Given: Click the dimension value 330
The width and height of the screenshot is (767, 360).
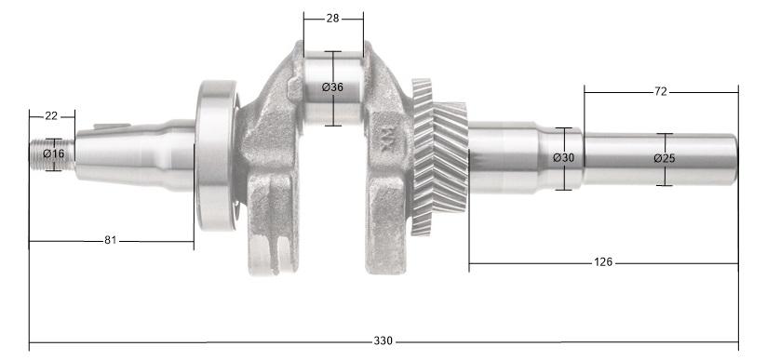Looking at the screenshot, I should pos(383,341).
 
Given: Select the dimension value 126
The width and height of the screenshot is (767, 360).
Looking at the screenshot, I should pos(602,262).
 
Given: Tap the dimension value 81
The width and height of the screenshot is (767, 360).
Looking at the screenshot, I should pos(110,241).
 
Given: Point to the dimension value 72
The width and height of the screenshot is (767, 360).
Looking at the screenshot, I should pos(661,92).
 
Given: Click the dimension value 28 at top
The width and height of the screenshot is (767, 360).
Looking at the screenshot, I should pos(333,19).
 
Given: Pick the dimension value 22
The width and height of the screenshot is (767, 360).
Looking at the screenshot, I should pos(51,116).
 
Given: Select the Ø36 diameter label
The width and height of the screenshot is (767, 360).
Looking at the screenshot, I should pos(332,87).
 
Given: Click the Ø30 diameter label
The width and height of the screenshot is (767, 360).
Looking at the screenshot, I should pos(563,158).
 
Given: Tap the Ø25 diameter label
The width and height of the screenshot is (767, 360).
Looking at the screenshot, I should pos(664,158).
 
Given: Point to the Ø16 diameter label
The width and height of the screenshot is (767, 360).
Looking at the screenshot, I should pos(54,153).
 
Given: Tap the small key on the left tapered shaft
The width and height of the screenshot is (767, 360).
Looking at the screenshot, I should pos(110,127).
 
